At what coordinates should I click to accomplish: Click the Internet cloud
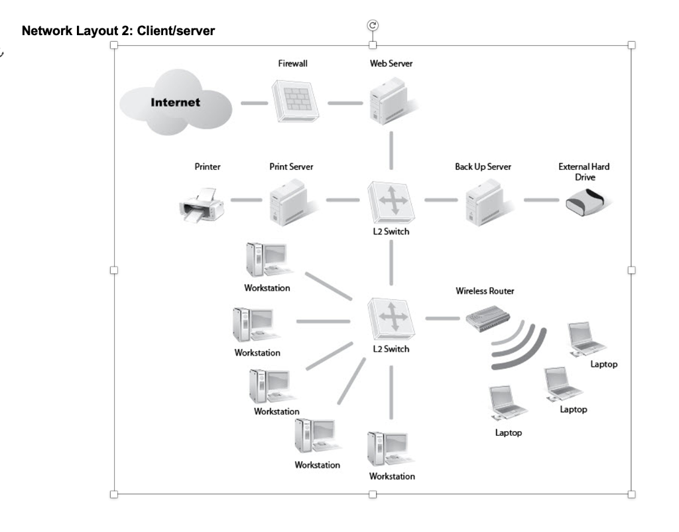click(175, 103)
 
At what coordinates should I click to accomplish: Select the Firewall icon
click(295, 101)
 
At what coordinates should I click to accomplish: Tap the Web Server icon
click(391, 101)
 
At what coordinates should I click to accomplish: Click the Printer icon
click(202, 205)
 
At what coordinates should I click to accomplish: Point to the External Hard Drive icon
click(585, 202)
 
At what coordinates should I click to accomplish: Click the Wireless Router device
click(487, 318)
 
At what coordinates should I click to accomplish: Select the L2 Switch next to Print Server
click(391, 202)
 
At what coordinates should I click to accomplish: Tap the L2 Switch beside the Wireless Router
click(391, 319)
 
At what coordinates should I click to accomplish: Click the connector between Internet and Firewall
click(255, 103)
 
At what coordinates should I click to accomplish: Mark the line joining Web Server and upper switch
click(391, 151)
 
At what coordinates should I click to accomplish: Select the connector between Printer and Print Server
click(247, 200)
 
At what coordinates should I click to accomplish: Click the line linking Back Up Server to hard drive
click(541, 200)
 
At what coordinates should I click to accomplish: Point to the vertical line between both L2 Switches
click(391, 263)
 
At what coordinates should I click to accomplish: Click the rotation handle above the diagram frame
click(373, 26)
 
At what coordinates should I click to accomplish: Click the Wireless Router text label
click(485, 291)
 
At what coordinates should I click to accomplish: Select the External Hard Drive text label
click(584, 172)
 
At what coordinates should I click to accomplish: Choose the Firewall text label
click(292, 63)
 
